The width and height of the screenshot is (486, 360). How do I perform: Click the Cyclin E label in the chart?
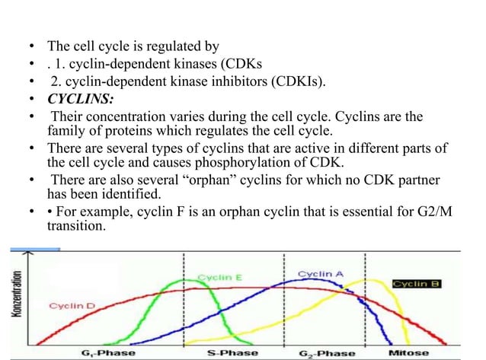pyautogui.click(x=220, y=277)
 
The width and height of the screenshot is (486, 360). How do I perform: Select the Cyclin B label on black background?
pyautogui.click(x=418, y=283)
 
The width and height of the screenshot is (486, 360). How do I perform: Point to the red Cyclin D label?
pyautogui.click(x=72, y=305)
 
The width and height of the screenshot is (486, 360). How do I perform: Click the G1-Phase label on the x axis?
pyautogui.click(x=108, y=353)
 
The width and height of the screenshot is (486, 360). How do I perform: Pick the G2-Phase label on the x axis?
pyautogui.click(x=327, y=353)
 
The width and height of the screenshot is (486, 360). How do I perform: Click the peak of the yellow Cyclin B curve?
pyautogui.click(x=371, y=280)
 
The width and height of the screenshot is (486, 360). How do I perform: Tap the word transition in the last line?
pyautogui.click(x=77, y=226)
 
